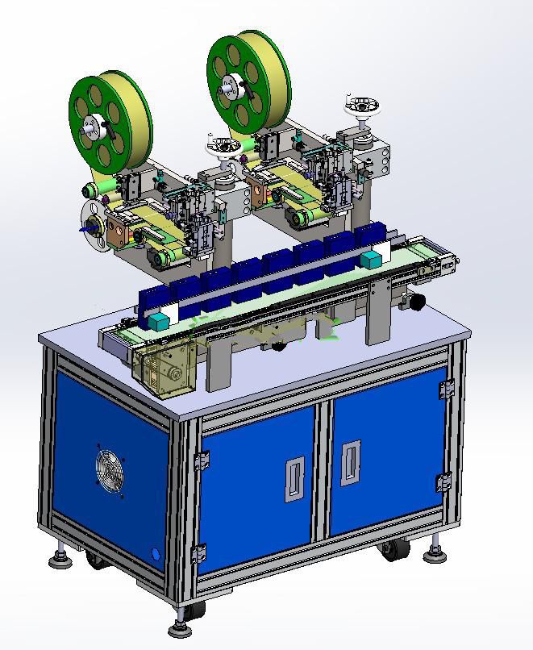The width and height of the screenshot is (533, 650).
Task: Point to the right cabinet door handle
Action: pyautogui.click(x=350, y=462)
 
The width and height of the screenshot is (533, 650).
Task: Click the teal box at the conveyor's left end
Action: pyautogui.click(x=156, y=320)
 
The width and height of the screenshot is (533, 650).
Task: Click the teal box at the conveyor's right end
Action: pyautogui.click(x=371, y=260)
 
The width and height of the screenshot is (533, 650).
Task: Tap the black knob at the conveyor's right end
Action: pyautogui.click(x=416, y=301)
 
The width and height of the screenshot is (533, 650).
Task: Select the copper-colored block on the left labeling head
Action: pyautogui.click(x=119, y=229)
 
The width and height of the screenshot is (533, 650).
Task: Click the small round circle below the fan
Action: pyautogui.click(x=156, y=555)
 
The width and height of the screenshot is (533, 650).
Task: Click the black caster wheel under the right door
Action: pyautogui.click(x=392, y=550)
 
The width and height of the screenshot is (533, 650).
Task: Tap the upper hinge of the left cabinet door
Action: pyautogui.click(x=202, y=460)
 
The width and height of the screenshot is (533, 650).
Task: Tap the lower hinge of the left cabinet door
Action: pyautogui.click(x=199, y=554)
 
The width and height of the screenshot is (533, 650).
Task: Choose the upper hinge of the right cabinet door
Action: pyautogui.click(x=447, y=390)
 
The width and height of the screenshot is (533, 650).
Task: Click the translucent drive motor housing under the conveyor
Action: pyautogui.click(x=160, y=367)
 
